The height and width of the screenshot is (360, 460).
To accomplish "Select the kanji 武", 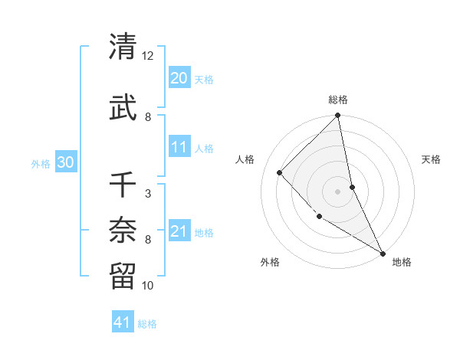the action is (x=123, y=109).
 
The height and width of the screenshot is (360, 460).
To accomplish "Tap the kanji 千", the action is (x=123, y=184).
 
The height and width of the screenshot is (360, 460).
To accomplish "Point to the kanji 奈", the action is (x=123, y=228).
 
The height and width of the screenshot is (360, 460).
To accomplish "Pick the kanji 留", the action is (x=123, y=273).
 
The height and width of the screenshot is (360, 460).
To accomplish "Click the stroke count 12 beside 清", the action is (x=148, y=57).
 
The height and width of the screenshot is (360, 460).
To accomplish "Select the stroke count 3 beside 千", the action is (x=147, y=194).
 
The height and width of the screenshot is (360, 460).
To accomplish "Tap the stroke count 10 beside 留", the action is (x=148, y=286).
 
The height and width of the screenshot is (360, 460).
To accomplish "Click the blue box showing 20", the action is (x=179, y=78).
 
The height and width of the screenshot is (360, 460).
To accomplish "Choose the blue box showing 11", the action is (x=179, y=147).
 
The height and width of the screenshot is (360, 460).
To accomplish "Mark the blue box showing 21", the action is (x=179, y=231).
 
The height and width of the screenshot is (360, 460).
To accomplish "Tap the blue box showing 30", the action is (x=65, y=162).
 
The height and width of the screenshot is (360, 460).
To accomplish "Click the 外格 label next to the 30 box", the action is (x=41, y=163).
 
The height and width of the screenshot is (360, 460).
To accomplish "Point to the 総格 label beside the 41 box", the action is (x=147, y=324).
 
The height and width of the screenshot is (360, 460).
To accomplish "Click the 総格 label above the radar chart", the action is (x=338, y=100).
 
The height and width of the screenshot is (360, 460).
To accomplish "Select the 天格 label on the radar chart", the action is (x=432, y=159).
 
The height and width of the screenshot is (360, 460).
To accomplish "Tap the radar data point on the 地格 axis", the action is (x=382, y=252).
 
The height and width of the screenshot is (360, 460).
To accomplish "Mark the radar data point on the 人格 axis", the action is (x=280, y=172).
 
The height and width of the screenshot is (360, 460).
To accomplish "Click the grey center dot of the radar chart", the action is (x=338, y=191).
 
